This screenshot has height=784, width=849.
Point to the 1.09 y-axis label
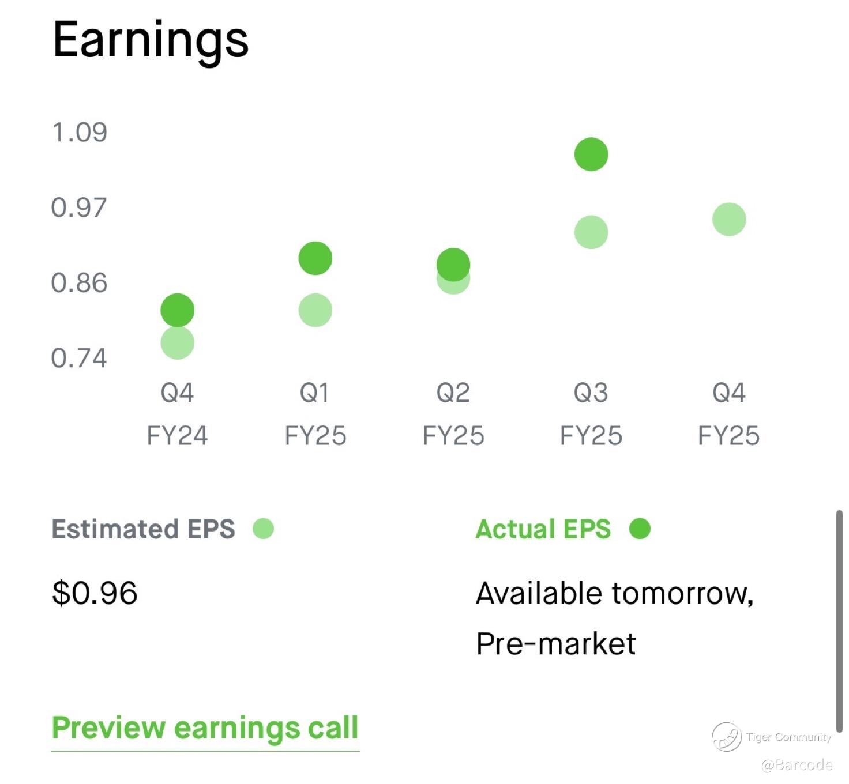point(80,132)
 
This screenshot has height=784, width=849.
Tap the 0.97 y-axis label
point(79,208)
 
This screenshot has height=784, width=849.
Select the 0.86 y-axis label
point(79,283)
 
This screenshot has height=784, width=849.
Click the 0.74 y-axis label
point(79,358)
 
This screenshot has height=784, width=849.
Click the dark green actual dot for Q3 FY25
point(592,154)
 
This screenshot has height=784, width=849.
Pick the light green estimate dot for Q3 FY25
point(592,232)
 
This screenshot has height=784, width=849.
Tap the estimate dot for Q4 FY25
point(730,220)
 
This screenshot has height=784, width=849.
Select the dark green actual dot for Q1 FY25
point(315,259)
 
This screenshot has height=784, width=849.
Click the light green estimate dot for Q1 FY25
point(315,311)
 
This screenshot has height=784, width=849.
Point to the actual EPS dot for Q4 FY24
point(178,311)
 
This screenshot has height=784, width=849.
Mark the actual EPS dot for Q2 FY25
point(453,265)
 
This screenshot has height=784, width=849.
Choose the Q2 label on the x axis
point(453,393)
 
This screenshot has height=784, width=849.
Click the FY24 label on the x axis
point(178,436)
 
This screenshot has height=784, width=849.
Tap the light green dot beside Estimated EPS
point(264,529)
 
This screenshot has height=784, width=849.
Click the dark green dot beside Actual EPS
point(640,529)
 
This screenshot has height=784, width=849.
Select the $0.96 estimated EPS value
point(95,593)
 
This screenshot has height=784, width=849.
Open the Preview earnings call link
point(205,728)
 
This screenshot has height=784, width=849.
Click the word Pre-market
point(556,644)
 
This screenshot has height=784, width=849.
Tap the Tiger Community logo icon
point(727,737)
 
